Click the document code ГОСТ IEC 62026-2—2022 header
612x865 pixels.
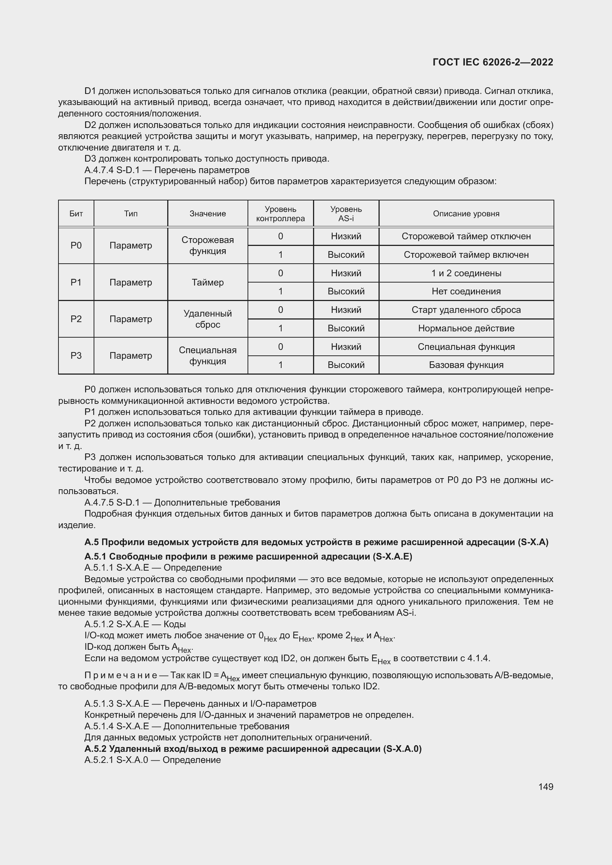(493, 62)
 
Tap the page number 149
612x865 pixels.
(546, 787)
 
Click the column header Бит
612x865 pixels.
(76, 214)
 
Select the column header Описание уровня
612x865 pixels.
(466, 214)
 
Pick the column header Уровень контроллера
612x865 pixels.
(280, 214)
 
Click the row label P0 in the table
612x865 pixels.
(76, 245)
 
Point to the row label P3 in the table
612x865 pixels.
(76, 355)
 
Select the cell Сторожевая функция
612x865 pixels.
(208, 245)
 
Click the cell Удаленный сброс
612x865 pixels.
(208, 319)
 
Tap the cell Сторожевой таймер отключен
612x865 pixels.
(466, 236)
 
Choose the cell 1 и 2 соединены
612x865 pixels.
(466, 273)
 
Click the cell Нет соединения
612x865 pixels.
(466, 291)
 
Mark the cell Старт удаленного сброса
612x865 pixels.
(466, 310)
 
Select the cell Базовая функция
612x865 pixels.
(466, 365)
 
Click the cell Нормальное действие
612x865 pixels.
(466, 328)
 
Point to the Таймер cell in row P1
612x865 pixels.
(208, 282)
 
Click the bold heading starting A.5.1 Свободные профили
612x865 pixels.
(248, 557)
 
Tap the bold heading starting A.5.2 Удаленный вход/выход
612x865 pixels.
(252, 749)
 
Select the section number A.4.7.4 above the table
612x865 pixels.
(99, 170)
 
